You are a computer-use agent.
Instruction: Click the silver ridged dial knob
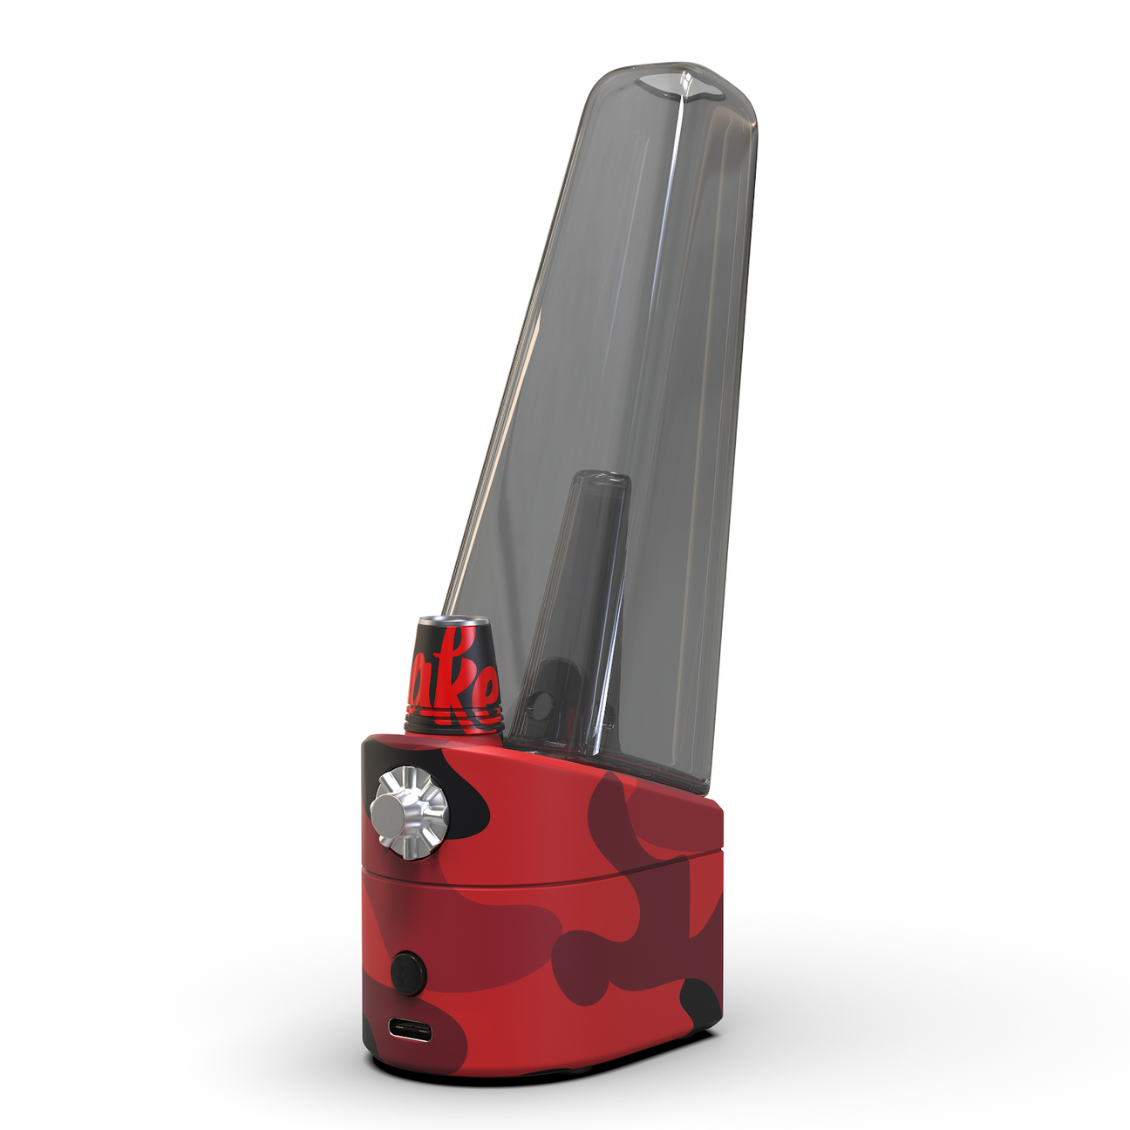click(409, 813)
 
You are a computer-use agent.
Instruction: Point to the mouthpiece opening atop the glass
click(682, 85)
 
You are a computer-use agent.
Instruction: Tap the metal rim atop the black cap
click(453, 621)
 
